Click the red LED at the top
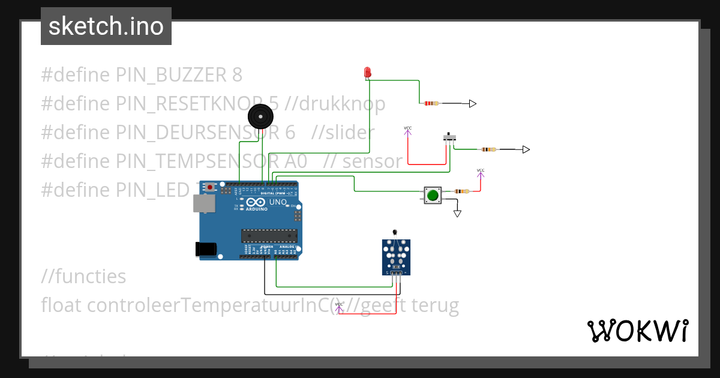pos(367,73)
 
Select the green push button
pos(433,194)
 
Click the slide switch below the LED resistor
pos(449,137)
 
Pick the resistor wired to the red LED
pos(431,104)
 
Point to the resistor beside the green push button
pos(461,191)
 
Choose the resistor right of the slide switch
pos(488,149)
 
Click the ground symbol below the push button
pos(458,213)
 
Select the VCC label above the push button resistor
pos(481,171)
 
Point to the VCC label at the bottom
pos(339,305)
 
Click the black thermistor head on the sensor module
pos(394,232)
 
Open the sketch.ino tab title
pos(106,26)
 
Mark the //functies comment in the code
pos(83,277)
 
